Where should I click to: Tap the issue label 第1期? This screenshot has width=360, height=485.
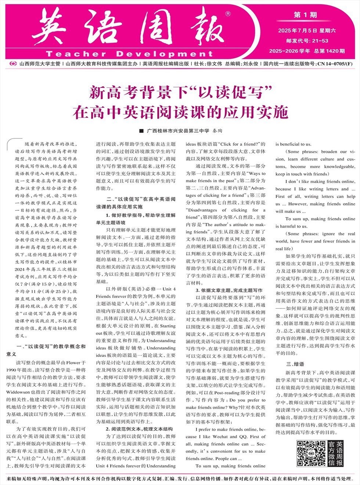pyautogui.click(x=305, y=15)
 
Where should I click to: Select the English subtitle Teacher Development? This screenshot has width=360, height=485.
pyautogui.click(x=124, y=54)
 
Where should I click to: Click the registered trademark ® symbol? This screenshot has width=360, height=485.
pyautogui.click(x=228, y=14)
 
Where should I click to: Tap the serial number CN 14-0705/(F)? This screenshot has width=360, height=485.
pyautogui.click(x=335, y=64)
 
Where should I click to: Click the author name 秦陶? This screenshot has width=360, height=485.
pyautogui.click(x=218, y=131)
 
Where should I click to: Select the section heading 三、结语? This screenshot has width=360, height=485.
pyautogui.click(x=295, y=364)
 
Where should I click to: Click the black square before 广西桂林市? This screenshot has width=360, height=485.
pyautogui.click(x=141, y=131)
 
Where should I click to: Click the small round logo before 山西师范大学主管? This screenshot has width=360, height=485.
pyautogui.click(x=14, y=64)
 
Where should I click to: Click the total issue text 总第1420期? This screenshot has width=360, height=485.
pyautogui.click(x=330, y=51)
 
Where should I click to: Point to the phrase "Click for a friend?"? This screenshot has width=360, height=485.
pyautogui.click(x=241, y=144)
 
